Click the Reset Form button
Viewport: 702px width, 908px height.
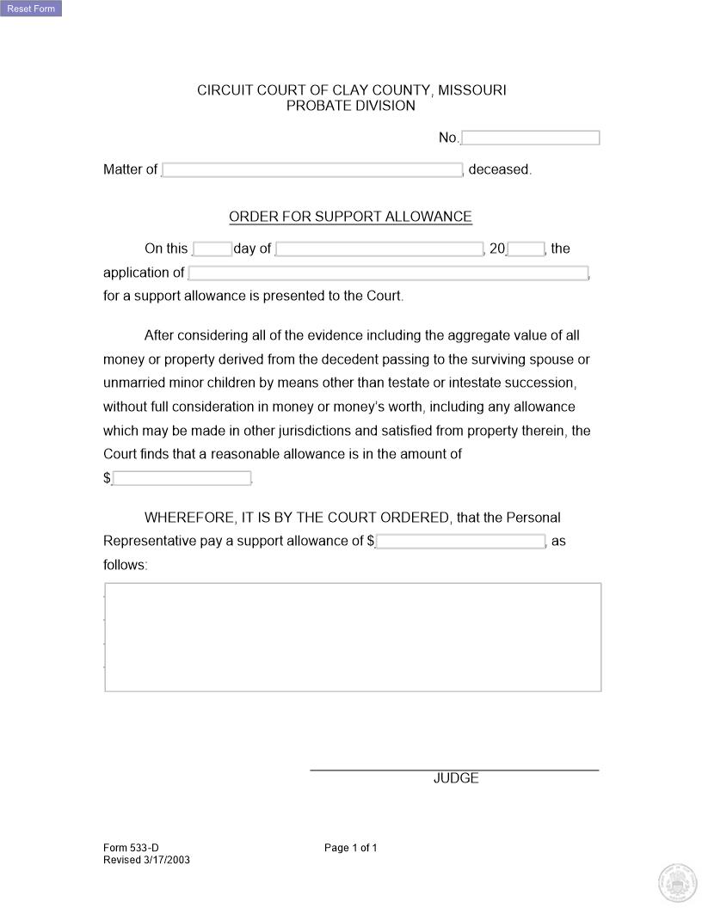31,9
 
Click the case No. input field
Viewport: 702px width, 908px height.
530,138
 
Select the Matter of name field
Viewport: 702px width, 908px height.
312,170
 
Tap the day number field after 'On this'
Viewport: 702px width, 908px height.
212,249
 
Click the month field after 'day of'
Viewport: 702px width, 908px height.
379,249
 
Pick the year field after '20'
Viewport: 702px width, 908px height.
526,249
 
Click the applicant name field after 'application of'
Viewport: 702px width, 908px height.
388,273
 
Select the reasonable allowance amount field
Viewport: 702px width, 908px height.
182,478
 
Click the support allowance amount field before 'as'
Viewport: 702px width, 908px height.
460,542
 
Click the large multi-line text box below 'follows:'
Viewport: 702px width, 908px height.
353,637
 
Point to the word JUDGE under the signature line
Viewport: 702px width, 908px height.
456,778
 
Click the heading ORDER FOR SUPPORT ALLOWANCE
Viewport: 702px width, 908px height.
350,217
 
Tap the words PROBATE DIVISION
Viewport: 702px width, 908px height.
350,106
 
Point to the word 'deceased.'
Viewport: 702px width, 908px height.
500,170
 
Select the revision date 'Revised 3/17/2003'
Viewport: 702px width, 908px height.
146,860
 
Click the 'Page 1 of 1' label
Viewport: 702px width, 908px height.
350,848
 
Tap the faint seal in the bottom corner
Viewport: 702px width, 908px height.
675,882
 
